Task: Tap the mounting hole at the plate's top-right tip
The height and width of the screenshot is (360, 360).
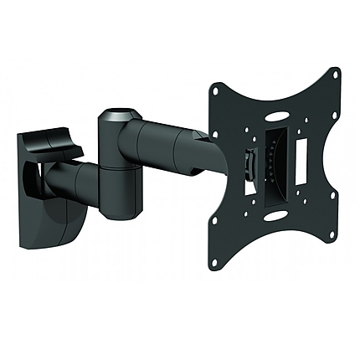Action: coord(336,73)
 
